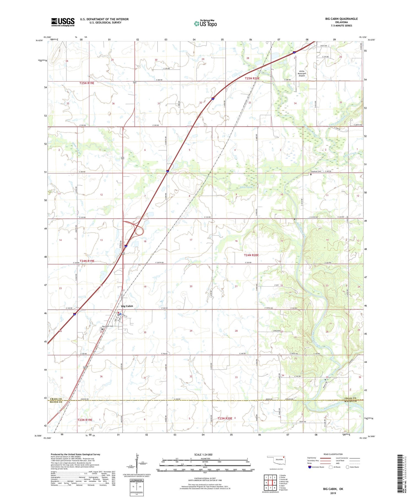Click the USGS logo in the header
63,22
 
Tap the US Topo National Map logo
205,23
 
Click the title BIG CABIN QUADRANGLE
341,19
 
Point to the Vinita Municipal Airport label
302,73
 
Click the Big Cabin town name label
127,306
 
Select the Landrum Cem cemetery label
316,171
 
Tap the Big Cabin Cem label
108,326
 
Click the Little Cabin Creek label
337,121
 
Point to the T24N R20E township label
251,255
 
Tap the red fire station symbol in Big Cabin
118,313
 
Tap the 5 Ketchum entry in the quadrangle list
283,484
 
